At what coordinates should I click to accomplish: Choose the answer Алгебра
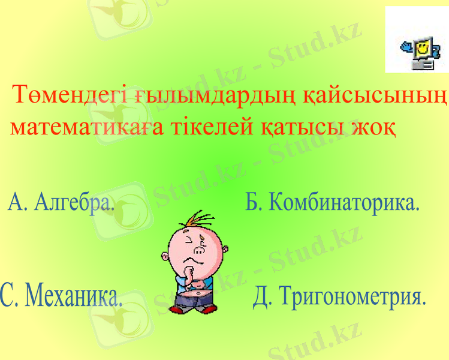pos(75,202)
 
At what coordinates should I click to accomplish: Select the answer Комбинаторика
pos(343,202)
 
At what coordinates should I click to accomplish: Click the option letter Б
pos(253,202)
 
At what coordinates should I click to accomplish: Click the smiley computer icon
pos(418,48)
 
